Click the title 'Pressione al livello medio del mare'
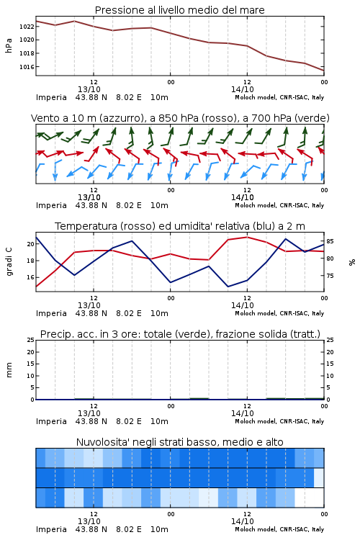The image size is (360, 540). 179,10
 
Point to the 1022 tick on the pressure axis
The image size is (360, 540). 27,27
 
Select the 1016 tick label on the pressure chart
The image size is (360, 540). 27,67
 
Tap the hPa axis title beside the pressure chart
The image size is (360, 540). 9,45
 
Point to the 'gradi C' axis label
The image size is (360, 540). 9,261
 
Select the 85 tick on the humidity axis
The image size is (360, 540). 330,241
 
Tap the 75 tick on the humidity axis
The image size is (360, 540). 330,276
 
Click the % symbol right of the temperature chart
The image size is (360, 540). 352,262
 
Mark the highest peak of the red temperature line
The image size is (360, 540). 247,237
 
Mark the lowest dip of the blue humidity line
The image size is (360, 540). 228,287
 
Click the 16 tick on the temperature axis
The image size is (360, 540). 30,277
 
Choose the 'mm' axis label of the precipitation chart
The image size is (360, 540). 9,370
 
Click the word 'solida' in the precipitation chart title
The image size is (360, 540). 274,334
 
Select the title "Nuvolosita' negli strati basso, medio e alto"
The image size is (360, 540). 179,442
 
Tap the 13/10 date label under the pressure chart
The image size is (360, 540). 89,89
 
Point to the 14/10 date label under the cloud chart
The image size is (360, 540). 243,521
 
